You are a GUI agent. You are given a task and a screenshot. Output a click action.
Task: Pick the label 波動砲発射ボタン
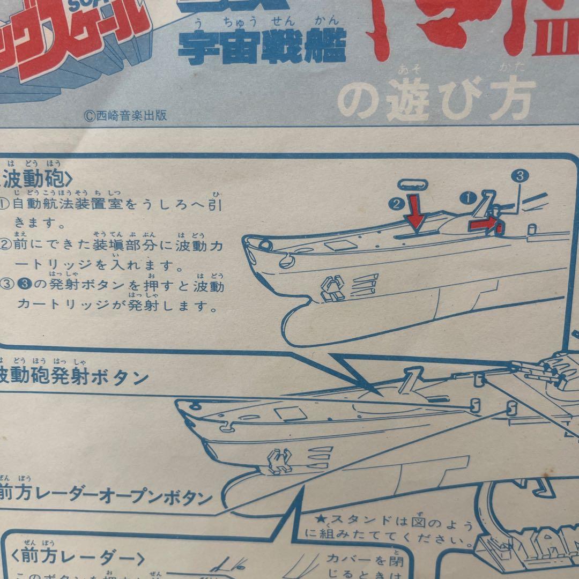pos(75,377)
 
